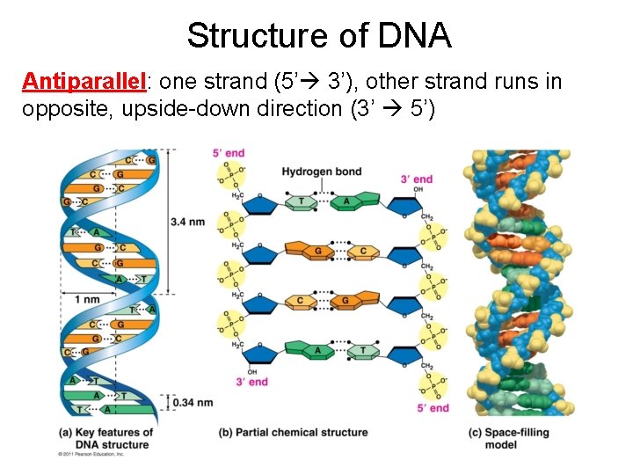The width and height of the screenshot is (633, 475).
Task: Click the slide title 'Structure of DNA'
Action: tap(318, 36)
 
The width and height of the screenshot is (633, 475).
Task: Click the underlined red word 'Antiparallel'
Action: tap(84, 82)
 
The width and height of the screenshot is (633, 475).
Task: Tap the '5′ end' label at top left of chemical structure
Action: tap(229, 153)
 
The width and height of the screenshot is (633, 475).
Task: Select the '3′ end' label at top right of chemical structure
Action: tap(416, 179)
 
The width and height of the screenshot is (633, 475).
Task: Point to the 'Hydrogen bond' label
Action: tap(321, 171)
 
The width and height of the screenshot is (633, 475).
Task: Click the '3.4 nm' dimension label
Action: tap(188, 221)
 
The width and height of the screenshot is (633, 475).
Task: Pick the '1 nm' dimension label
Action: tap(87, 299)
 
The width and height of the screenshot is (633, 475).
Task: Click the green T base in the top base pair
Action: tap(302, 201)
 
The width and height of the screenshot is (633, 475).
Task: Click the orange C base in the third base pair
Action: tap(302, 301)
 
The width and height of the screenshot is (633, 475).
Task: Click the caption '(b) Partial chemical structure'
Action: tap(294, 432)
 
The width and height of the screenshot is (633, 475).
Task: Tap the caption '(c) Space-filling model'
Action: tap(514, 437)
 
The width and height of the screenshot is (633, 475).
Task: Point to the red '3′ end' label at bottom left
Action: tap(251, 382)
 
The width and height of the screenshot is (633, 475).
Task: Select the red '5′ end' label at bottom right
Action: tap(433, 408)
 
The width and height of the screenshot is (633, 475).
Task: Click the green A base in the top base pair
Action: tap(346, 201)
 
